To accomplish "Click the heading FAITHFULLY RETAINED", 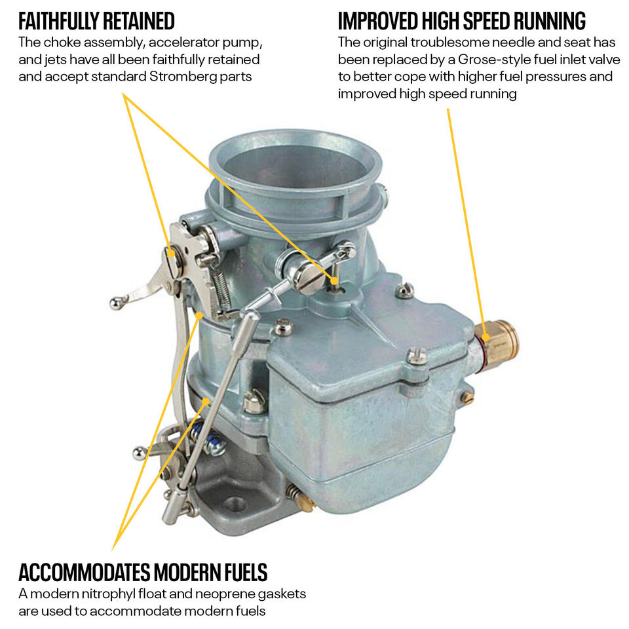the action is (96, 21).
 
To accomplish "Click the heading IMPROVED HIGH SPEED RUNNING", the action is (462, 21).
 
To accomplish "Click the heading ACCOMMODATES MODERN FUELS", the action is (143, 572).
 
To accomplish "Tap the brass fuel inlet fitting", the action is (497, 342).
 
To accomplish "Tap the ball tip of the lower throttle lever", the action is (139, 453).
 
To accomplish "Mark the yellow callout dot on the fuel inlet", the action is (486, 337).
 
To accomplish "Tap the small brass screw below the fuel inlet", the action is (467, 397).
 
